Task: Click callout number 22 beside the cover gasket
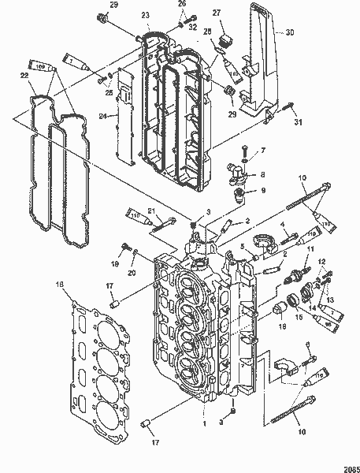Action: (x=24, y=75)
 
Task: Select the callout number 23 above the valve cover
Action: (x=146, y=16)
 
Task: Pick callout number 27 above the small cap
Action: (x=217, y=14)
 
